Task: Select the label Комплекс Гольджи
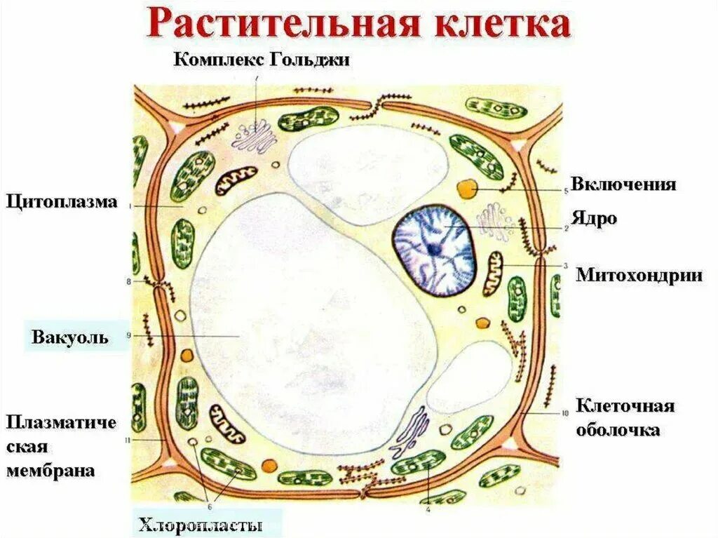pos(262,59)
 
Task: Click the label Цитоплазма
pos(62,202)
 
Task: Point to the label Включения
pos(623,184)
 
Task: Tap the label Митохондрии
pos(639,274)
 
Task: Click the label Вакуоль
pos(69,337)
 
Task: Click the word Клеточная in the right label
pos(625,406)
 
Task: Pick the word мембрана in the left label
pos(50,471)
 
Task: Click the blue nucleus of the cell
pos(433,250)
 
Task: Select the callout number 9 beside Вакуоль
pos(129,336)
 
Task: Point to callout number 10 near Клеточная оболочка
pos(566,412)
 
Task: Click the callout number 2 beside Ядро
pos(566,229)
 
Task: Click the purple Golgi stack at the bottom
pos(412,431)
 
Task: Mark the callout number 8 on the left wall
pos(128,282)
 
